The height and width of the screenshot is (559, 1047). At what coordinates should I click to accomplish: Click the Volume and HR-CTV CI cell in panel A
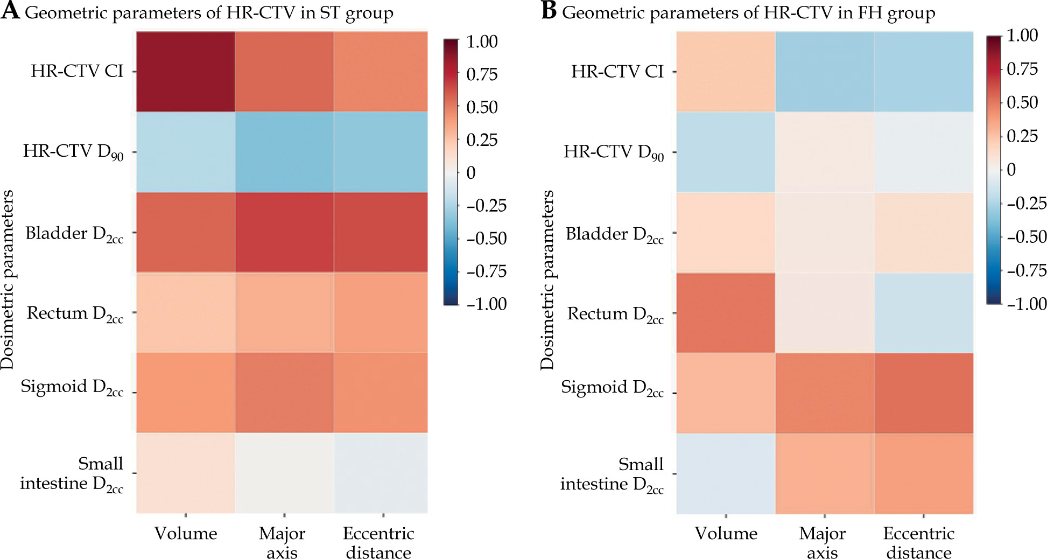[x=186, y=72]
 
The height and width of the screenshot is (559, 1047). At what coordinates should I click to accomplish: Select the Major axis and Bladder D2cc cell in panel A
[x=284, y=232]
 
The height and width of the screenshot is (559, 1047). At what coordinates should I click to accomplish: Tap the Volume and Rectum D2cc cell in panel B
[x=726, y=313]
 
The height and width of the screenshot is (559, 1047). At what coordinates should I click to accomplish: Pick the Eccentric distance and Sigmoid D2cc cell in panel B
[x=924, y=393]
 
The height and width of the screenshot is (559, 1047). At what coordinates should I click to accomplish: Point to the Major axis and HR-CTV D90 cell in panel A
[x=284, y=152]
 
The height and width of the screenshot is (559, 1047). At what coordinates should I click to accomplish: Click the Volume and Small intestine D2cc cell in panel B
[x=726, y=473]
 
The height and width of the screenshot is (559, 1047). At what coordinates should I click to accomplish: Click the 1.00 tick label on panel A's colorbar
[x=482, y=41]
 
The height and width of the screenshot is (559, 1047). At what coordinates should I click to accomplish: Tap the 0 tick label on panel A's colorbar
[x=471, y=173]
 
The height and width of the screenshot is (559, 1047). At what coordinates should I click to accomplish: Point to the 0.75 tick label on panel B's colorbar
[x=1022, y=69]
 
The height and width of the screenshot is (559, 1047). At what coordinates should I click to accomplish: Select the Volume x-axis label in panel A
[x=186, y=534]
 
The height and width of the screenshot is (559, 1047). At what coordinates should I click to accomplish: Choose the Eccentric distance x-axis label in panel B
[x=919, y=543]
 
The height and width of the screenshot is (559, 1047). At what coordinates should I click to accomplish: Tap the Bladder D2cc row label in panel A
[x=74, y=234]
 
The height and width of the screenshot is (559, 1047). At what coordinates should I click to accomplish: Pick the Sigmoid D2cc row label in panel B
[x=612, y=388]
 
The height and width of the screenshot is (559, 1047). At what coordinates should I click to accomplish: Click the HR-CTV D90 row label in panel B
[x=614, y=153]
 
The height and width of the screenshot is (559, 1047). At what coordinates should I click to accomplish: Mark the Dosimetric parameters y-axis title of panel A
[x=8, y=279]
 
